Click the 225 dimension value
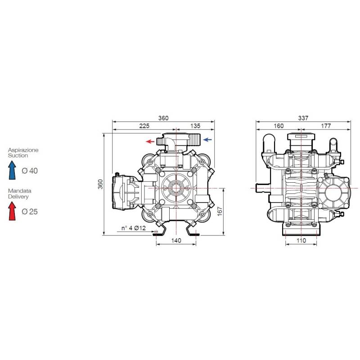click(x=144, y=126)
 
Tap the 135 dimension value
click(x=195, y=126)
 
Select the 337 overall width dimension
click(x=303, y=118)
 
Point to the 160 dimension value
click(x=279, y=126)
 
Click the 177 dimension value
click(x=326, y=126)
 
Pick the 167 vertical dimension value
click(x=220, y=211)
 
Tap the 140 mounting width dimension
click(x=176, y=240)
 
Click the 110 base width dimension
click(x=301, y=240)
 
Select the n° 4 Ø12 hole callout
click(x=133, y=228)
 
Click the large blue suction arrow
click(x=12, y=170)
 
